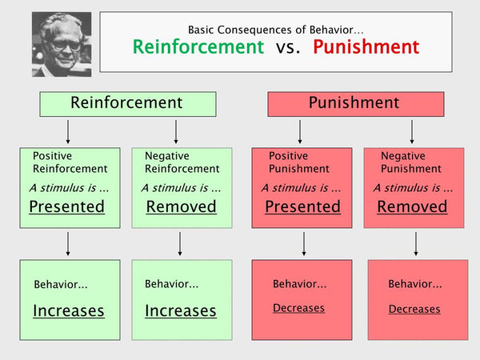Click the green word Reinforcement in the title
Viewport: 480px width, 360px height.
(198, 47)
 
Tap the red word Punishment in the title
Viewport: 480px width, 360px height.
(366, 47)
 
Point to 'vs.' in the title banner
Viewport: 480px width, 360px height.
(288, 48)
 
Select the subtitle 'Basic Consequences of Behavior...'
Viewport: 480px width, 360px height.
(276, 30)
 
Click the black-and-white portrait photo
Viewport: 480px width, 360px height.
(62, 44)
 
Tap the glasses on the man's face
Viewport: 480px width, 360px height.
(66, 46)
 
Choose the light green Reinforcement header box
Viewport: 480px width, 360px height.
(128, 104)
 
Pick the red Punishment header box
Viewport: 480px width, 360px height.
(356, 104)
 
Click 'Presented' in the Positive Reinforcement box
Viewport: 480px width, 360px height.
(66, 206)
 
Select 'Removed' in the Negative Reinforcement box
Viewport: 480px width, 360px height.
(182, 206)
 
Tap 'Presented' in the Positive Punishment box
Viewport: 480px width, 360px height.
(302, 206)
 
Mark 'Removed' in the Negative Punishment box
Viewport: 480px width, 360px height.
(412, 206)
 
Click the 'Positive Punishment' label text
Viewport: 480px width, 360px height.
(299, 162)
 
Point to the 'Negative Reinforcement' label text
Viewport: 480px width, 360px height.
(182, 162)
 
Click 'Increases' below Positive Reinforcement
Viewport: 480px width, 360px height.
(69, 311)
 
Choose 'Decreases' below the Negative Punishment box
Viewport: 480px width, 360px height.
(414, 309)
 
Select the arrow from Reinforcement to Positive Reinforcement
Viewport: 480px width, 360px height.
(68, 132)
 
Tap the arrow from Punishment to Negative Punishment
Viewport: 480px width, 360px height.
(412, 132)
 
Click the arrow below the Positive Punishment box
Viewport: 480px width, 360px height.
(304, 244)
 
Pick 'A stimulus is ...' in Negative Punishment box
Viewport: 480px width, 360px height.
(413, 187)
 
